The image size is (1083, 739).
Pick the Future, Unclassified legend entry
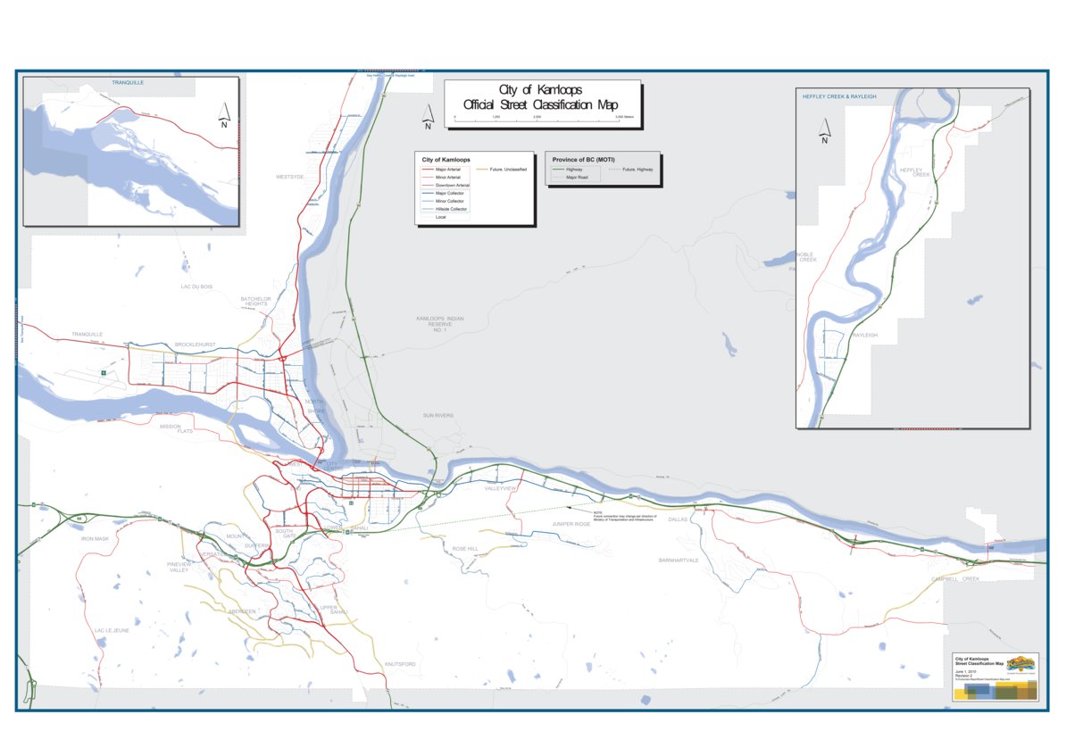point(508,169)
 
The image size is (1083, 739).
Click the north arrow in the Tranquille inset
point(224,114)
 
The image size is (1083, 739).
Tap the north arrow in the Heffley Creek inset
point(824,130)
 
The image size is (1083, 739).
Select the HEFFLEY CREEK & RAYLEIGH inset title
point(837,95)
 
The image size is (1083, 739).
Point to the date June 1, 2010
point(965,670)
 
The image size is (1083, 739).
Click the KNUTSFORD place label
point(400,665)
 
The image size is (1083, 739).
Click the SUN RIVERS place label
point(438,416)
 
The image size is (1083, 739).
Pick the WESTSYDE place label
point(290,178)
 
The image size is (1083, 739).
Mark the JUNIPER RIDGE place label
point(571,524)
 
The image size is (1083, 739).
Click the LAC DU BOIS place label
point(196,286)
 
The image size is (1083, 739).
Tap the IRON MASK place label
point(95,539)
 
